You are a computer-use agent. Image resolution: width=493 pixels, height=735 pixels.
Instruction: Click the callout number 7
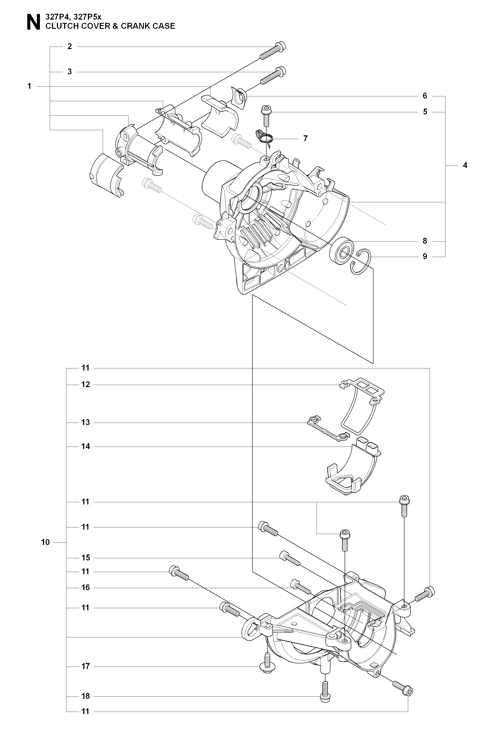305,138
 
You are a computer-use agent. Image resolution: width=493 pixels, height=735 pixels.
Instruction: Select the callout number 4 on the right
465,165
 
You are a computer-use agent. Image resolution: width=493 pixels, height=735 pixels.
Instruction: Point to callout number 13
86,422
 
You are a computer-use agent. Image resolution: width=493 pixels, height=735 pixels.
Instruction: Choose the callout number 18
86,696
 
